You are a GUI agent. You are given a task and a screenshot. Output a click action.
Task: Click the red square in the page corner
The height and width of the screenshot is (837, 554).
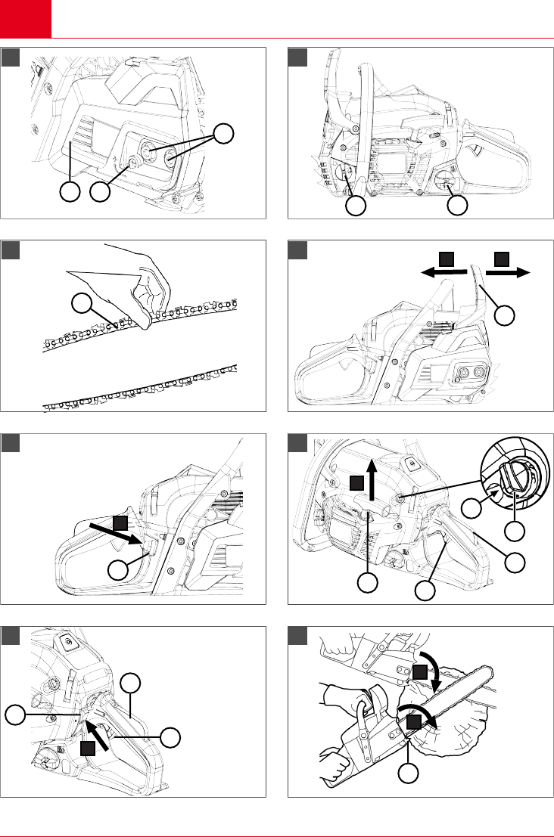25,18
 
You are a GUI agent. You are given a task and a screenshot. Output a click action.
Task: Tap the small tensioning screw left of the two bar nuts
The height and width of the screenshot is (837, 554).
136,160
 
